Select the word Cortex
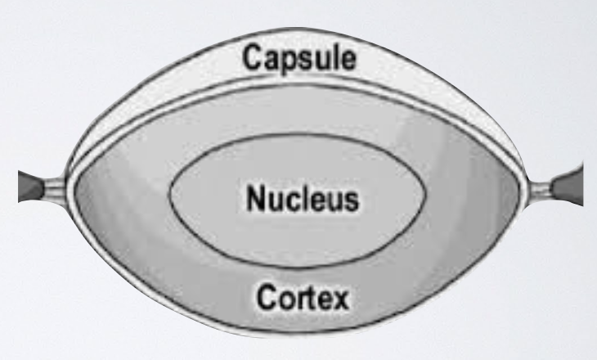point(300,296)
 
